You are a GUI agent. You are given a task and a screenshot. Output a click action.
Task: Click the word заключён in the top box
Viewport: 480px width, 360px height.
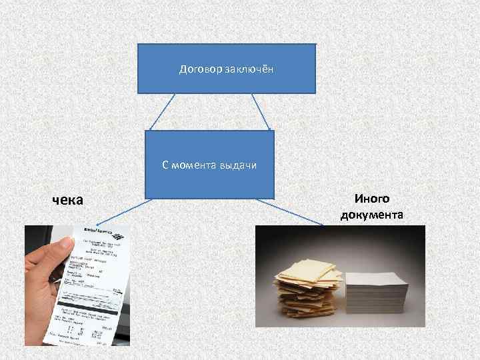(249, 69)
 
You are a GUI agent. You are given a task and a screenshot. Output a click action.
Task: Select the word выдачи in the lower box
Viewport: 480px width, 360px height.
(238, 165)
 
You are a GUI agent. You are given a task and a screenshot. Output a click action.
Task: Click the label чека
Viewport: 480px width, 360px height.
(69, 199)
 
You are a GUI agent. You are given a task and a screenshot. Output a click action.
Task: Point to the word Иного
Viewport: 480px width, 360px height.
(372, 198)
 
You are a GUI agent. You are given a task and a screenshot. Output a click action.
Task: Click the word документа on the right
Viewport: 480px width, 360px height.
(372, 215)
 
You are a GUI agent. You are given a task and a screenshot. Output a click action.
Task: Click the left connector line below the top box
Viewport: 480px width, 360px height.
(161, 111)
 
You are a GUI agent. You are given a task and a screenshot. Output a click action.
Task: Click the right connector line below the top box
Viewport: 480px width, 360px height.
(261, 111)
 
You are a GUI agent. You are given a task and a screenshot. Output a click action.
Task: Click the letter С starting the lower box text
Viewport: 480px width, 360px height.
(165, 165)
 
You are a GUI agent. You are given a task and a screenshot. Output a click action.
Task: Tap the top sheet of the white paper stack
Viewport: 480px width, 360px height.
(377, 276)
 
